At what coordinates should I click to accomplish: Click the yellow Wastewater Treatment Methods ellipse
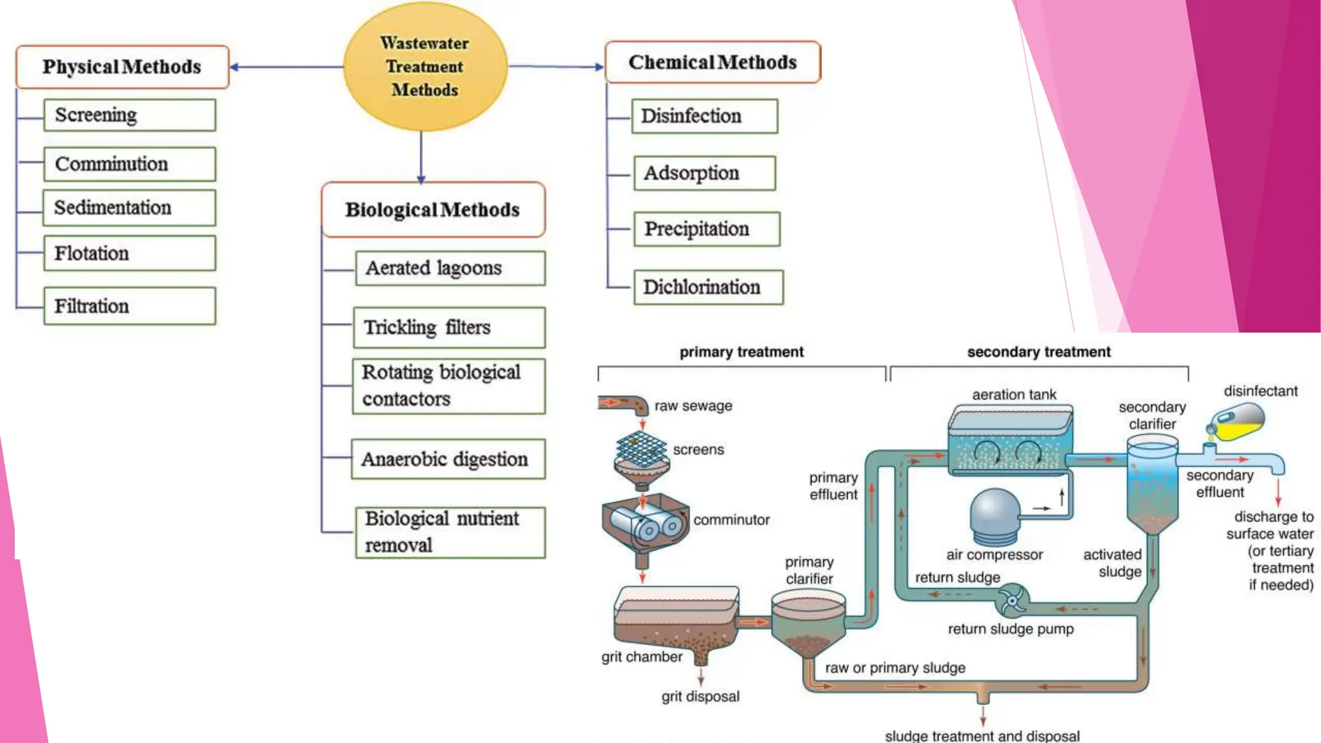click(425, 66)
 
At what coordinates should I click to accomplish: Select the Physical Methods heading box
click(123, 66)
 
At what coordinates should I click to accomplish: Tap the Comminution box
click(129, 164)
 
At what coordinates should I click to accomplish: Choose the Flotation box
click(129, 253)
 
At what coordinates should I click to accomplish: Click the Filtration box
click(129, 306)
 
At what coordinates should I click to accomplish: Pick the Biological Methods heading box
click(433, 210)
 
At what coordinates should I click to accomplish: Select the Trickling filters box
click(449, 327)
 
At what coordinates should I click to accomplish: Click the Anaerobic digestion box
click(448, 459)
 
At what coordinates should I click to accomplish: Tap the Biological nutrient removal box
click(450, 532)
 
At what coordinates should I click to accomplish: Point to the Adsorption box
click(704, 173)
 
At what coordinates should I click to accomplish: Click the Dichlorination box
click(708, 287)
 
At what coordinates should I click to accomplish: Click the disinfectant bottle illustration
click(1237, 422)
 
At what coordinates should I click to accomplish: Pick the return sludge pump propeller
click(1012, 601)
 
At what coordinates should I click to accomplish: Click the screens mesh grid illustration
click(641, 449)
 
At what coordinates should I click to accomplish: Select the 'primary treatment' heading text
click(741, 352)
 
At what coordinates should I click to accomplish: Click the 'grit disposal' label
click(700, 697)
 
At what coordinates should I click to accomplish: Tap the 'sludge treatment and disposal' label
click(982, 736)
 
